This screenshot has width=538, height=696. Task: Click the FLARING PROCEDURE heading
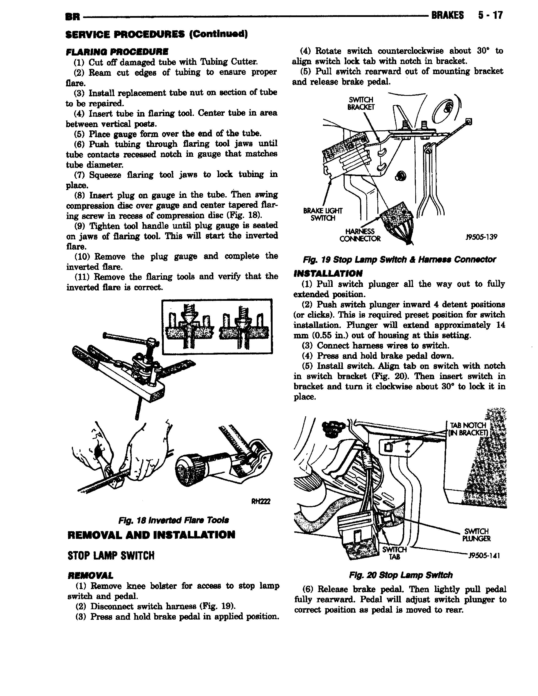117,52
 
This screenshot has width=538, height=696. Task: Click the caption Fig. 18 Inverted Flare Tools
173,521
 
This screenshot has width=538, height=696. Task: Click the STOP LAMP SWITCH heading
111,556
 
